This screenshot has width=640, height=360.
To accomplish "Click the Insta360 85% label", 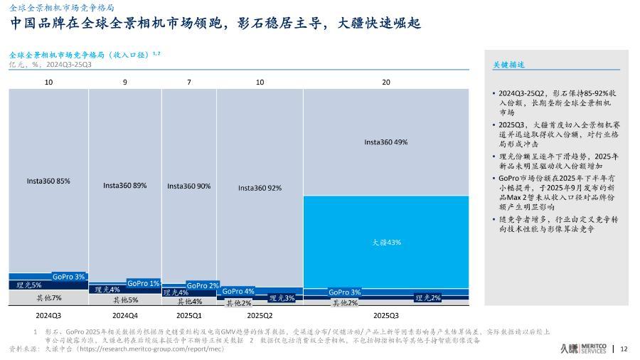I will [x=48, y=181].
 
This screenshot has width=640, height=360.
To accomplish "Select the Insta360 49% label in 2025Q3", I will [x=385, y=142].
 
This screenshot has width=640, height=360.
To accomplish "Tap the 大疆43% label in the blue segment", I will [x=386, y=242].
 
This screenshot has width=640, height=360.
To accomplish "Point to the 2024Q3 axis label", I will [x=48, y=314].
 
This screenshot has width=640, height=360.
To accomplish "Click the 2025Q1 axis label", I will [x=188, y=314].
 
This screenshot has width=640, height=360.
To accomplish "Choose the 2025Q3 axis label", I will [x=386, y=314].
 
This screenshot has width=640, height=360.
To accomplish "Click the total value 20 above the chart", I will [x=386, y=83].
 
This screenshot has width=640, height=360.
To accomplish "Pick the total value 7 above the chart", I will [x=188, y=83].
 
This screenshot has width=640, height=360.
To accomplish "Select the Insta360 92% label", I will [x=260, y=188].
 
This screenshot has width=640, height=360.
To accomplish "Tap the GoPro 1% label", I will [x=144, y=283].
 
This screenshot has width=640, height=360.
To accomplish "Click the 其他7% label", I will [x=49, y=297].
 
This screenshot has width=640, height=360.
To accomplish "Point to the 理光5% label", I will [x=29, y=285].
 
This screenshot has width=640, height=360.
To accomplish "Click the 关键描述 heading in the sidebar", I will [x=508, y=65].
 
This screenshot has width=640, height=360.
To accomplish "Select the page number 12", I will [x=624, y=349].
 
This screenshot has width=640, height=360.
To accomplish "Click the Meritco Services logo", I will [x=583, y=348].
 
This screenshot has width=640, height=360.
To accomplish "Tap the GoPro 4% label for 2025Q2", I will [x=238, y=291].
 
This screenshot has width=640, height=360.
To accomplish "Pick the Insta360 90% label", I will [x=188, y=186].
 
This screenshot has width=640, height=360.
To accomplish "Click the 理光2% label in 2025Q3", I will [x=428, y=297].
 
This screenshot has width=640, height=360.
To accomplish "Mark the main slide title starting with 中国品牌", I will [x=215, y=24].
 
